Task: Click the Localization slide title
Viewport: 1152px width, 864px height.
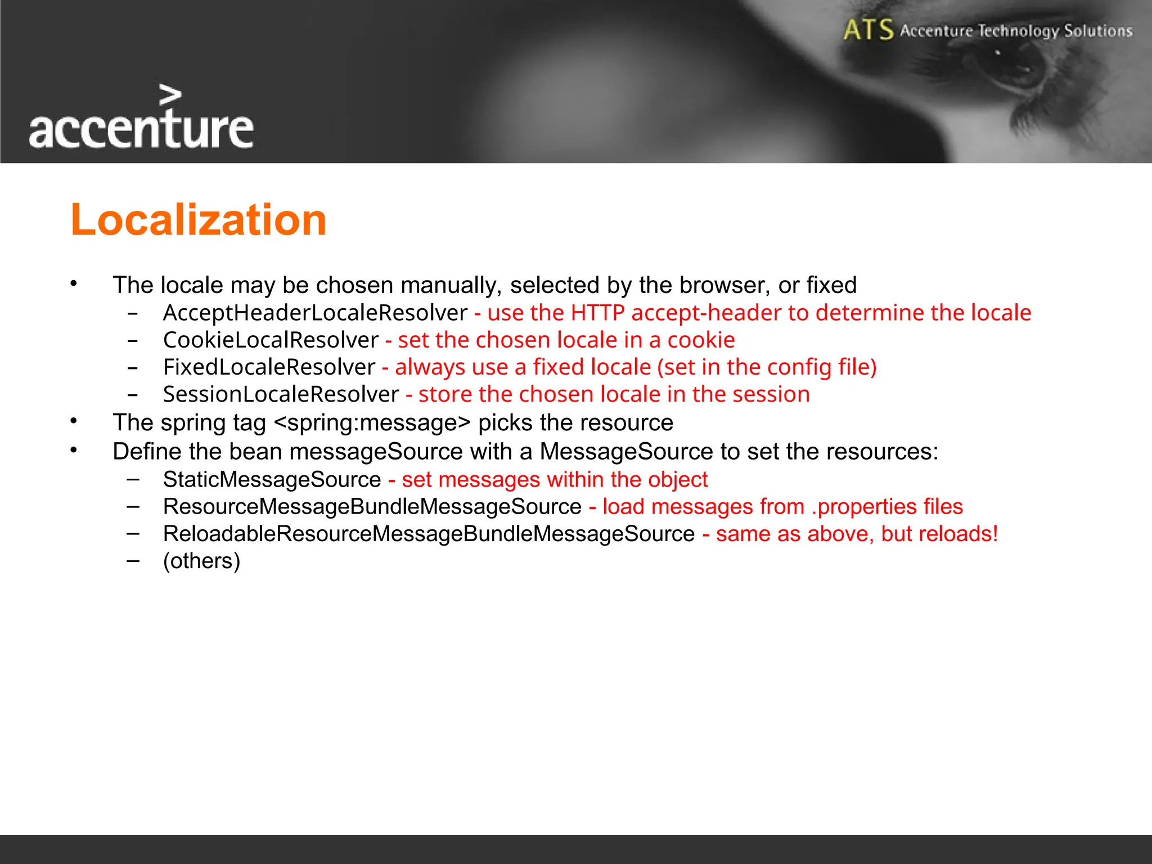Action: click(198, 219)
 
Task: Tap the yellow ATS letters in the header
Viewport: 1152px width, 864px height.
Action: click(868, 30)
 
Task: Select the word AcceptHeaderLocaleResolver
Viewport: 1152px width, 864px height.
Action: click(315, 313)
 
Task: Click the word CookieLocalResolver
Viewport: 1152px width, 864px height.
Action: click(271, 340)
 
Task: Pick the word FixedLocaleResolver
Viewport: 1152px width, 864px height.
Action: click(269, 367)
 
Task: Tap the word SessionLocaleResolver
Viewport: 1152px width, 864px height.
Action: click(281, 394)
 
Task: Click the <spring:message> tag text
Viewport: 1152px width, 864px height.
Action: click(372, 423)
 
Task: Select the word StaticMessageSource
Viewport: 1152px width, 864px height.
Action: click(272, 480)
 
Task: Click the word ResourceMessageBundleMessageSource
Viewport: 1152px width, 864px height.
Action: click(372, 507)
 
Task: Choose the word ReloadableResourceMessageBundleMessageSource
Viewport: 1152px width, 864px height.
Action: click(429, 534)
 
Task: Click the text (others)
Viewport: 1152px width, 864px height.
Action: click(201, 561)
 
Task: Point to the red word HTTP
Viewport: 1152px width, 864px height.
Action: click(597, 313)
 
